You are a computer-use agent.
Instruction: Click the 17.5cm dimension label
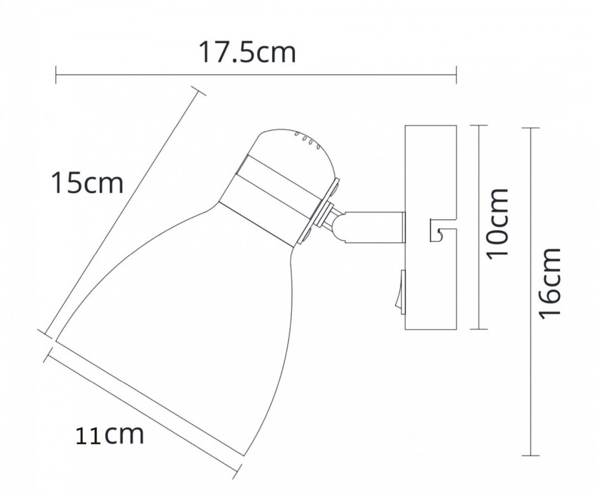pyautogui.click(x=247, y=53)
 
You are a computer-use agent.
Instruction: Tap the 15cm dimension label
pyautogui.click(x=87, y=183)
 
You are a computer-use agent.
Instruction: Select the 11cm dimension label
pyautogui.click(x=110, y=435)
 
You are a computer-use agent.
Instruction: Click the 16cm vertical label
pyautogui.click(x=549, y=284)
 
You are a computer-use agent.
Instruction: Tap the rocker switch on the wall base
pyautogui.click(x=402, y=292)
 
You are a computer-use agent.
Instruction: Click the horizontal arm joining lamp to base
pyautogui.click(x=374, y=227)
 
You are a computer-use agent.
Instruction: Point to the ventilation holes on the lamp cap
pyautogui.click(x=307, y=141)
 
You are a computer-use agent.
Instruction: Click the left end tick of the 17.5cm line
pyautogui.click(x=56, y=75)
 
